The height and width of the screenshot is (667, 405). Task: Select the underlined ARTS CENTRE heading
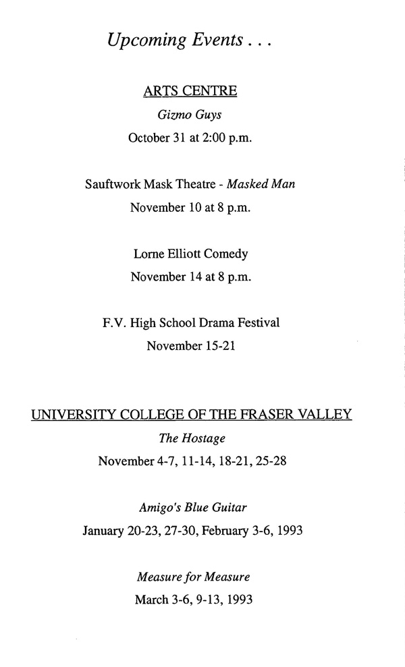click(190, 91)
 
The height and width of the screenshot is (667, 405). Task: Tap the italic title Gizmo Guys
click(190, 115)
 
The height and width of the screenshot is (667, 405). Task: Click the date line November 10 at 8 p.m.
click(190, 208)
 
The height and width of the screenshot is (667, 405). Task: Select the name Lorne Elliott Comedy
click(191, 254)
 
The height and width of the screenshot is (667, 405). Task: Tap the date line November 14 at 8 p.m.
click(190, 277)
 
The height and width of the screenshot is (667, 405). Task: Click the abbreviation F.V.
click(111, 323)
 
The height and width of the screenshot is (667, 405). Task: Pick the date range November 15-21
click(191, 347)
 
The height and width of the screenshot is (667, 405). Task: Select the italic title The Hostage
click(192, 438)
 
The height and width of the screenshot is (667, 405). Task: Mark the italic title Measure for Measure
click(194, 577)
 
